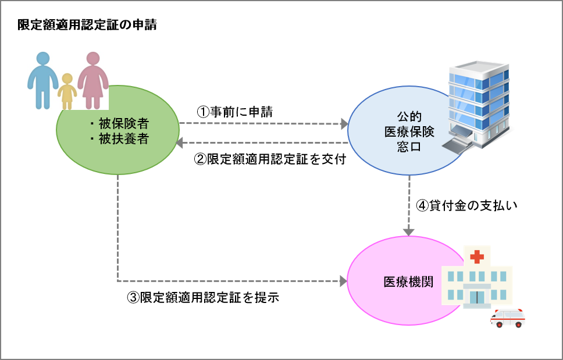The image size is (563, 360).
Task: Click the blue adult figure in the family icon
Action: tap(42, 79)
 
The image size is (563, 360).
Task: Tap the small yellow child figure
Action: tap(67, 91)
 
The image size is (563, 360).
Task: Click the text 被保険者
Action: tap(124, 124)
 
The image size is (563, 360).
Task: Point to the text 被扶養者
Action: tap(124, 139)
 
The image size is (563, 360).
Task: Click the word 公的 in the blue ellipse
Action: tap(409, 116)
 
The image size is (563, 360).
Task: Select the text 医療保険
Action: tap(409, 131)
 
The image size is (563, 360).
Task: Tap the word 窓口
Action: tap(409, 147)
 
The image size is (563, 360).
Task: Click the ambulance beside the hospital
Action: tap(507, 318)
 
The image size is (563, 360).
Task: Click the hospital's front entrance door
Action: tap(477, 297)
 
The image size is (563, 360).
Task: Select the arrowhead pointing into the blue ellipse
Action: tap(344, 124)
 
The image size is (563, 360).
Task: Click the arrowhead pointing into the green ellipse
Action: tap(180, 142)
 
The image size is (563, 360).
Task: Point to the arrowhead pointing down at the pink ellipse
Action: tap(409, 231)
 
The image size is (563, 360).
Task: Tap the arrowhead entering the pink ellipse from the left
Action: tap(343, 281)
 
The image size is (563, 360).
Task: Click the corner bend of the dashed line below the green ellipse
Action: tap(118, 281)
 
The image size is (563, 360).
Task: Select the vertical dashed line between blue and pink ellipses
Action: tap(409, 201)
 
